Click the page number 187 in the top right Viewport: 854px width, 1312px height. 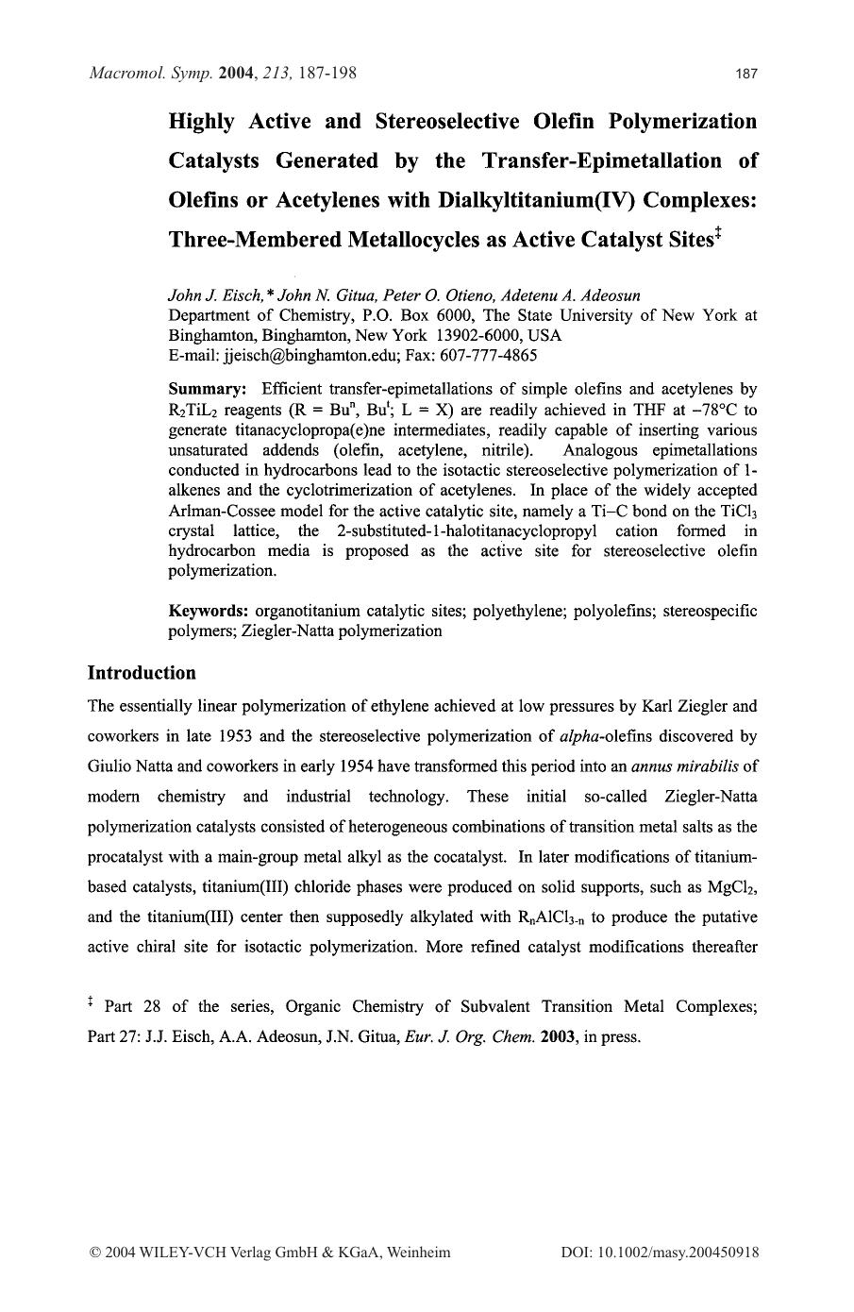(746, 74)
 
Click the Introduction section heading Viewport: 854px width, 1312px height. (142, 673)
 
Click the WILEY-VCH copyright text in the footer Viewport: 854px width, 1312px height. (269, 1253)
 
